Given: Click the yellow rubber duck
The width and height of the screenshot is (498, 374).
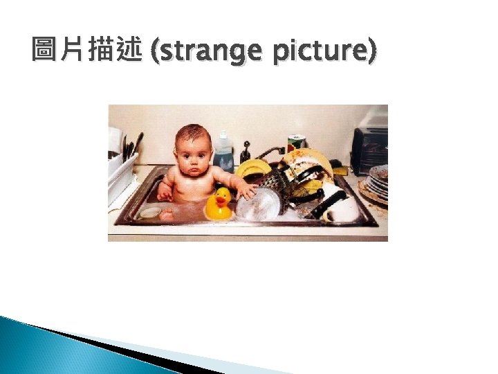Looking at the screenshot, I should [x=219, y=205].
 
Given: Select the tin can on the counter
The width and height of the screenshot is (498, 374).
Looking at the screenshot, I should [x=295, y=143].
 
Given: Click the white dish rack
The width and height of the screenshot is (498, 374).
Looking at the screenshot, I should [x=121, y=174].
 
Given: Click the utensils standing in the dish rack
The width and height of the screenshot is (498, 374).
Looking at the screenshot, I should [x=130, y=146].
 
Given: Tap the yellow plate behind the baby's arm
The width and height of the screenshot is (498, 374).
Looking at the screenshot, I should [x=253, y=168].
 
